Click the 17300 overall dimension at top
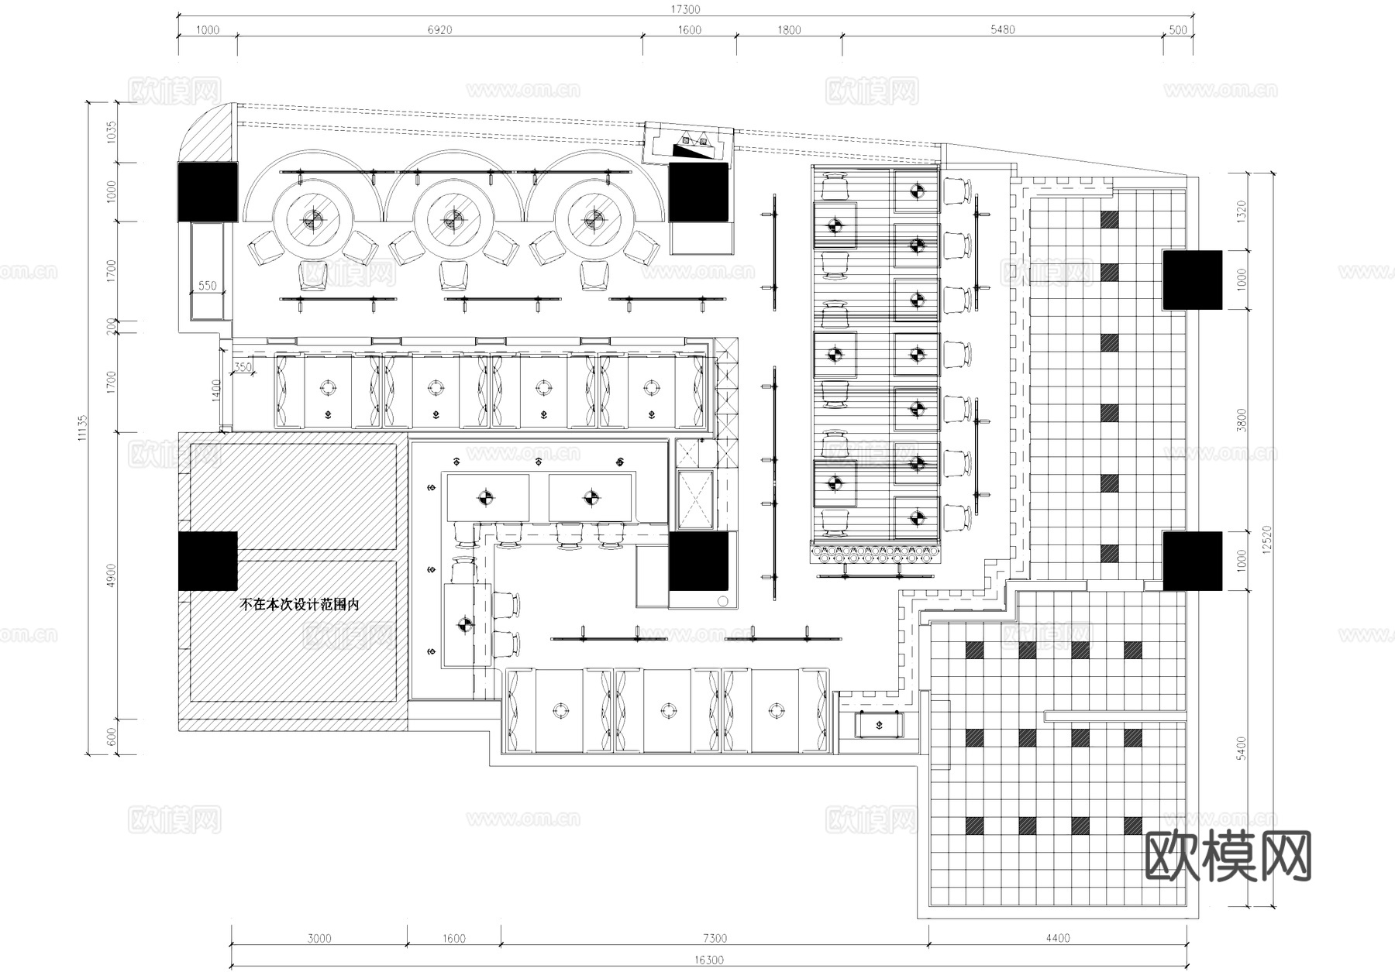pos(685,9)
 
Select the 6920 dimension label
pos(439,30)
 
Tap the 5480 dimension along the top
pos(1002,30)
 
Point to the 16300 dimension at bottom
pos(708,960)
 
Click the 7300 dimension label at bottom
pos(715,939)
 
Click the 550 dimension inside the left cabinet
pos(208,286)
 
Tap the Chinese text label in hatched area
pos(299,605)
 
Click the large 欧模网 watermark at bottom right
pos(1228,857)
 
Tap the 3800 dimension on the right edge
pos(1242,420)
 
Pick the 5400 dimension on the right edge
pos(1242,748)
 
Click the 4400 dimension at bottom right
pos(1057,939)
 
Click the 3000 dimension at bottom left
pos(319,939)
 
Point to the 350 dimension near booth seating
pos(243,367)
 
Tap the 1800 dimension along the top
pos(788,30)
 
